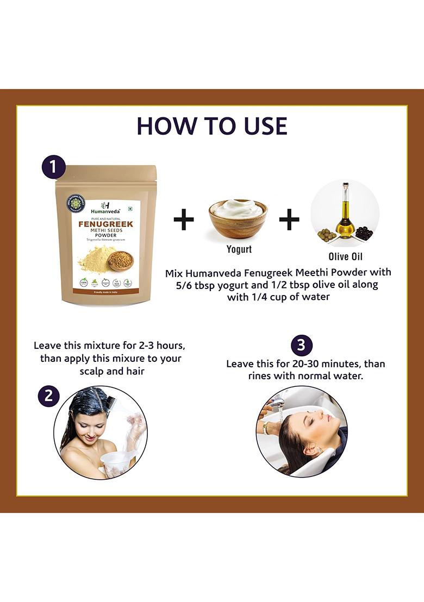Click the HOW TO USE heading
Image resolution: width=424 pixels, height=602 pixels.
coord(212,126)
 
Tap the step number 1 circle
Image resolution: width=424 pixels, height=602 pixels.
coord(54,167)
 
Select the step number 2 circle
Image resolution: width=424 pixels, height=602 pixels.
coord(49,396)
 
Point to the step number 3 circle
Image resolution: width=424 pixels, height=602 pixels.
coord(302,346)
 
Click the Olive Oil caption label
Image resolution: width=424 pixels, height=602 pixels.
coord(345,256)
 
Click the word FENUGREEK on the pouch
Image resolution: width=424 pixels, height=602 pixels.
coord(106,223)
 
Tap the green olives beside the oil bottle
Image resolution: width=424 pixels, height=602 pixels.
coord(326,235)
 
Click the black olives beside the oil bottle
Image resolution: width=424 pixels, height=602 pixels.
coord(364,234)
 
